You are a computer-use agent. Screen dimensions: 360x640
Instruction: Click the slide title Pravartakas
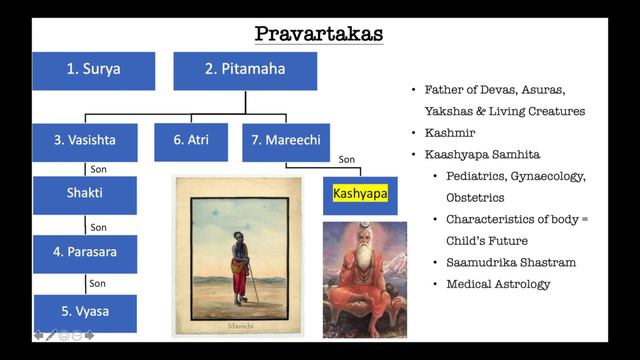pyautogui.click(x=319, y=33)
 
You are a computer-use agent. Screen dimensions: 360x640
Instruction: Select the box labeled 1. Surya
pyautogui.click(x=93, y=70)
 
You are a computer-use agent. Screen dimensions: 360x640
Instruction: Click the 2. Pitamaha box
pyautogui.click(x=245, y=70)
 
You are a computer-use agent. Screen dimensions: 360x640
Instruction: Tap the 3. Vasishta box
pyautogui.click(x=84, y=141)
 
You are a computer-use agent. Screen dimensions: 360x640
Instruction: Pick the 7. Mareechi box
pyautogui.click(x=279, y=141)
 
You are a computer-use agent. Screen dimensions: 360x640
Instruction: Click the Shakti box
pyautogui.click(x=84, y=193)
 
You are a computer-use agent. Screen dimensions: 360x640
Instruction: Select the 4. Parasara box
pyautogui.click(x=84, y=252)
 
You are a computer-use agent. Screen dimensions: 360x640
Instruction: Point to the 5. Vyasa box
pyautogui.click(x=84, y=311)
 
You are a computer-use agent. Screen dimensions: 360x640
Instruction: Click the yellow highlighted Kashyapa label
pyautogui.click(x=360, y=191)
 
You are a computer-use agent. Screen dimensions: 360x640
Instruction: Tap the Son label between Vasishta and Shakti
pyautogui.click(x=98, y=169)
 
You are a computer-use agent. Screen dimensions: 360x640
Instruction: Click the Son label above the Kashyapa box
pyautogui.click(x=347, y=159)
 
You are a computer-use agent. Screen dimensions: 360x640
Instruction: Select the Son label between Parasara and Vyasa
pyautogui.click(x=98, y=283)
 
